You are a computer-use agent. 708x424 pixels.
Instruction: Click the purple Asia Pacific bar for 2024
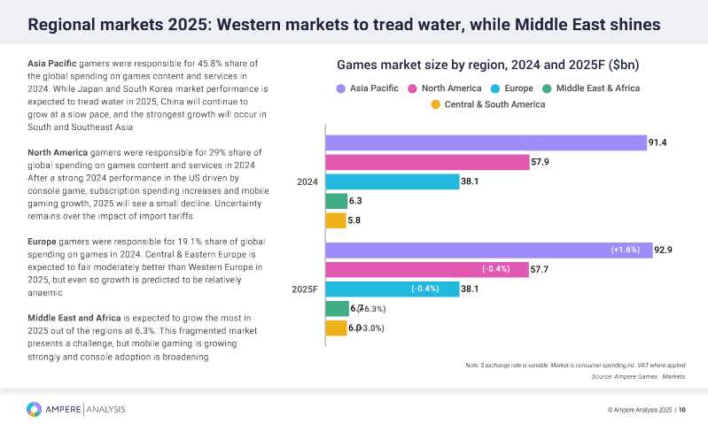click(x=485, y=143)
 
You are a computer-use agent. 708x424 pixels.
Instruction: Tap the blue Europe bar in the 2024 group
click(x=392, y=181)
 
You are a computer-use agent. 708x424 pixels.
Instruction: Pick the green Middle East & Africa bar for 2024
click(x=336, y=201)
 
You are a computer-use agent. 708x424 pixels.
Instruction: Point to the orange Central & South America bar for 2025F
click(x=336, y=328)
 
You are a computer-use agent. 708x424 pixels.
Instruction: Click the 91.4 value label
click(x=658, y=143)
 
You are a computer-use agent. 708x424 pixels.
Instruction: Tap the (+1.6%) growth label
click(x=626, y=250)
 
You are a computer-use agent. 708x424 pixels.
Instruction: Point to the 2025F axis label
click(x=305, y=289)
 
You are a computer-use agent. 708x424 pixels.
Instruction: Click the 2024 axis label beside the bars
click(x=307, y=181)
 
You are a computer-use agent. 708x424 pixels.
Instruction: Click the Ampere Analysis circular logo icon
click(x=34, y=409)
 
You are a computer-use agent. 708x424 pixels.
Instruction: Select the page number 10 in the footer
click(x=682, y=410)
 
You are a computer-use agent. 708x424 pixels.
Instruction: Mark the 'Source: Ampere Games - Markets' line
click(x=638, y=376)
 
